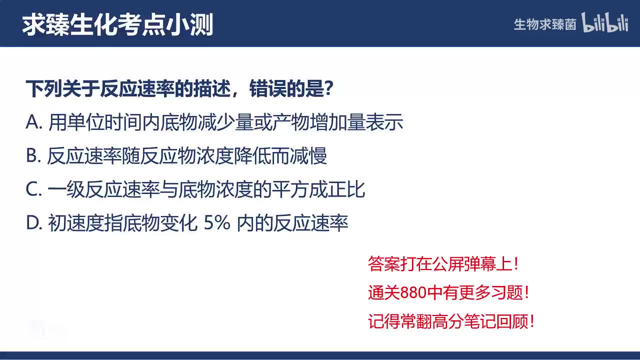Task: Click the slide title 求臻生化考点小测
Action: (x=117, y=24)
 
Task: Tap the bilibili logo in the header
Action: (x=605, y=23)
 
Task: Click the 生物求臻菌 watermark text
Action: (x=545, y=24)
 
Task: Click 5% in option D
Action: (x=217, y=223)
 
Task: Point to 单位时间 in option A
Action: (x=105, y=123)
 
